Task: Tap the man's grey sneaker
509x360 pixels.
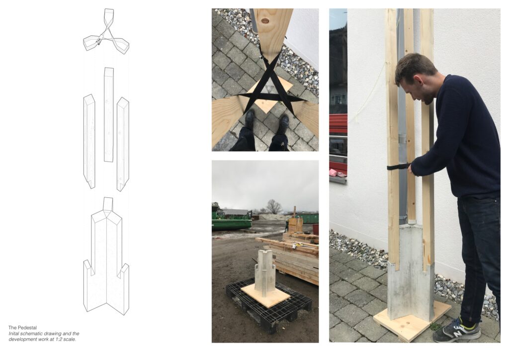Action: tap(457, 331)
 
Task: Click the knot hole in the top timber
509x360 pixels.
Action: tap(265, 21)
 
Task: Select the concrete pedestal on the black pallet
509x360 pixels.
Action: tap(265, 272)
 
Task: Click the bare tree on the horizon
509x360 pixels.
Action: tap(274, 206)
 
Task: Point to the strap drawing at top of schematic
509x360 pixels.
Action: tap(106, 31)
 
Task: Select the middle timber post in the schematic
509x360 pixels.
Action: tap(109, 114)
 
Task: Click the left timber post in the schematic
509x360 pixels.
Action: tap(89, 141)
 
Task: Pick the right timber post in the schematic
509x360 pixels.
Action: tap(123, 144)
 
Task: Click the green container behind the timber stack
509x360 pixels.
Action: tap(307, 218)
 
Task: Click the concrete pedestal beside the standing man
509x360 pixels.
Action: tap(411, 272)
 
